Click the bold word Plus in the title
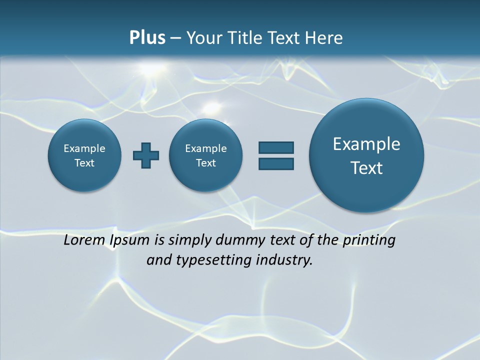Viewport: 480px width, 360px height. pyautogui.click(x=147, y=38)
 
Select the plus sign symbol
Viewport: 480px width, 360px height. pyautogui.click(x=146, y=155)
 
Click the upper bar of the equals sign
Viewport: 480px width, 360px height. pyautogui.click(x=276, y=148)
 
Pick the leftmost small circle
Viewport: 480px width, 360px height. pyautogui.click(x=84, y=155)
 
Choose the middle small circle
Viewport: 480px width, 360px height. pyautogui.click(x=205, y=155)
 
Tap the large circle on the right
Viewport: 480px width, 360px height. pyautogui.click(x=366, y=155)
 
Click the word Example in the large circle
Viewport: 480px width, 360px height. pyautogui.click(x=366, y=144)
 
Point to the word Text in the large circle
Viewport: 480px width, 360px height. pyautogui.click(x=366, y=168)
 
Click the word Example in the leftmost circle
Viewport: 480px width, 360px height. pyautogui.click(x=84, y=148)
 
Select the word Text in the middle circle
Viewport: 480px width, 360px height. pyautogui.click(x=205, y=163)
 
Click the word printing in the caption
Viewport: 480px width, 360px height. pyautogui.click(x=369, y=240)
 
